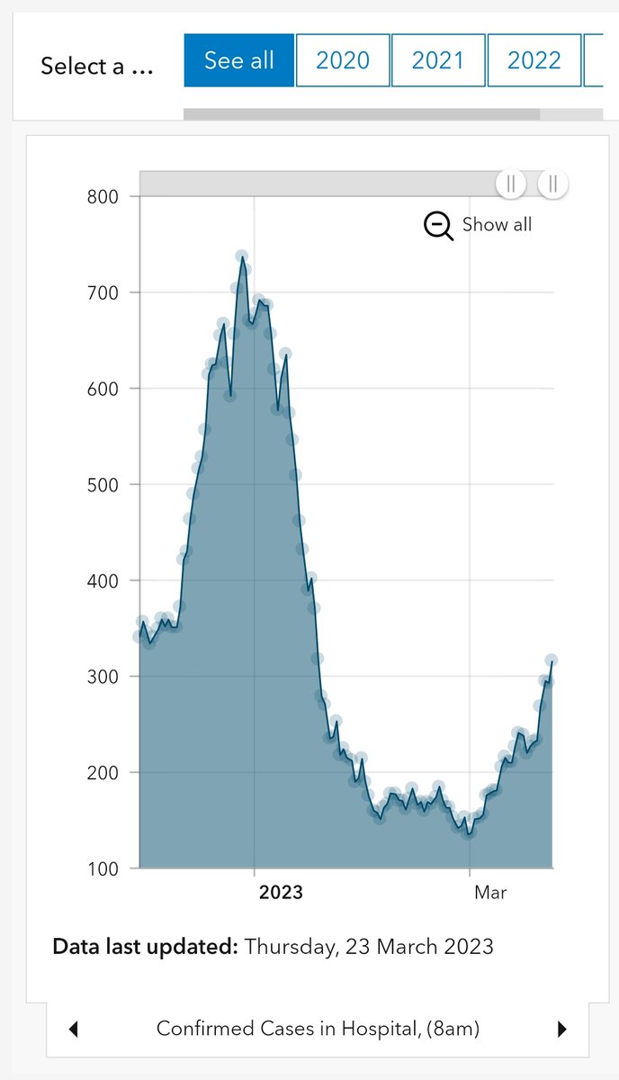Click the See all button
pyautogui.click(x=238, y=60)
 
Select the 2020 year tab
pyautogui.click(x=343, y=60)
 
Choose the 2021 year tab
pyautogui.click(x=438, y=60)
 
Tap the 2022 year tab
pyautogui.click(x=534, y=60)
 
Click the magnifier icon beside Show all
pyautogui.click(x=438, y=226)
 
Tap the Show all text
pyautogui.click(x=497, y=225)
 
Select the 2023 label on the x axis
pyautogui.click(x=281, y=893)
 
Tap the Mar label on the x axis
pyautogui.click(x=490, y=893)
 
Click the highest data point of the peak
pyautogui.click(x=241, y=256)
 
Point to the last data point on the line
pyautogui.click(x=552, y=661)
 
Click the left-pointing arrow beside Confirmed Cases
pyautogui.click(x=74, y=1029)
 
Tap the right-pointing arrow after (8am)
pyautogui.click(x=562, y=1029)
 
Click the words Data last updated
pyautogui.click(x=146, y=947)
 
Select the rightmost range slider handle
pyautogui.click(x=552, y=184)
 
